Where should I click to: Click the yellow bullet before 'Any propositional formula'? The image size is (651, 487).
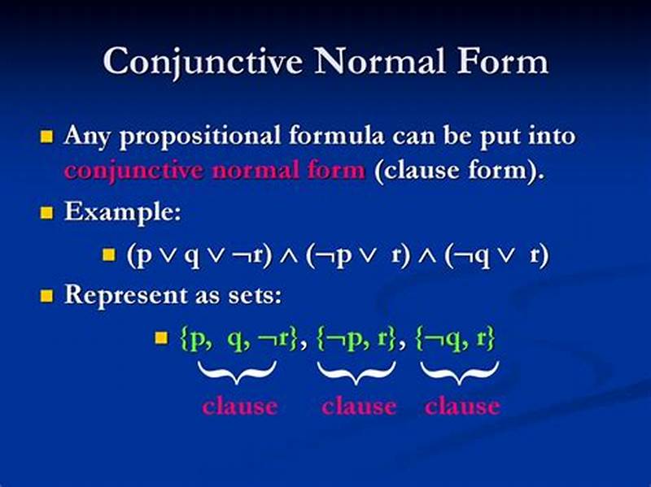46,136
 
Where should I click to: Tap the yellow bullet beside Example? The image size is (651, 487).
46,214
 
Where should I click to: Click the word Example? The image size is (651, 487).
123,213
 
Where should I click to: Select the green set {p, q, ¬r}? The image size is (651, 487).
237,339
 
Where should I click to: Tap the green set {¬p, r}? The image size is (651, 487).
357,339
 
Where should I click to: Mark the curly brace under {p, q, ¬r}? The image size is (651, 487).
237,372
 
